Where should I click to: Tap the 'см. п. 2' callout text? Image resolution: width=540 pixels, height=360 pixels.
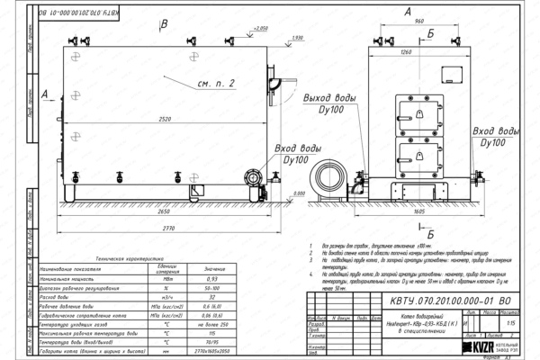pos(216,84)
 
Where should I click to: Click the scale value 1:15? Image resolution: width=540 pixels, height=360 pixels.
pos(512,322)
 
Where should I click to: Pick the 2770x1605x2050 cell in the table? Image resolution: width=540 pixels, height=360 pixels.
pos(212,351)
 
